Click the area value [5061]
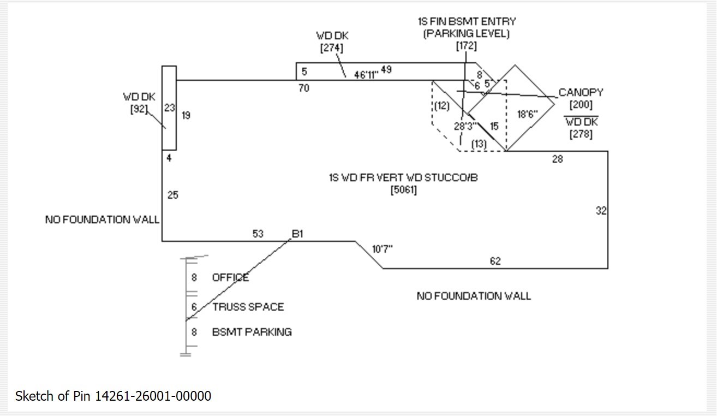(x=404, y=191)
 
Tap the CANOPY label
(x=581, y=93)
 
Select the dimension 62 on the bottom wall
(x=495, y=262)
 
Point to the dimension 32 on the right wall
(x=601, y=211)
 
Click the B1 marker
(x=297, y=234)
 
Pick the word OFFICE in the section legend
(x=230, y=277)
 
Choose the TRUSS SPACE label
(x=248, y=307)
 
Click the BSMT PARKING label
(x=252, y=332)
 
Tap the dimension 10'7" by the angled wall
(x=383, y=249)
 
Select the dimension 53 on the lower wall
(x=258, y=234)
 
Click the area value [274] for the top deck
(x=332, y=47)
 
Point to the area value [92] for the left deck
(x=139, y=109)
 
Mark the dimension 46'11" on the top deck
(x=366, y=75)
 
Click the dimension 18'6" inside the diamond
(x=527, y=115)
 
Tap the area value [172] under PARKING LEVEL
(x=466, y=46)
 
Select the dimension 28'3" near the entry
(x=465, y=126)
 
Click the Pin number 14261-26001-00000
(x=153, y=396)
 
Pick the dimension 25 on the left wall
(x=172, y=195)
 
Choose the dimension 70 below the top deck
(x=303, y=88)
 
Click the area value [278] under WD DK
(x=581, y=134)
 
